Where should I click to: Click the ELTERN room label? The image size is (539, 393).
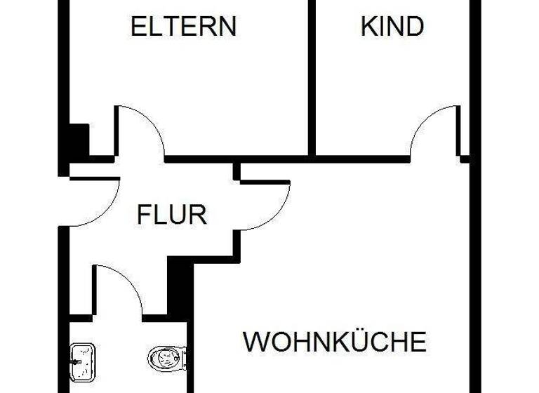(x=184, y=27)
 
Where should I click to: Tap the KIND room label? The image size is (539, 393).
(x=392, y=27)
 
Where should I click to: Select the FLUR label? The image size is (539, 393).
(x=171, y=213)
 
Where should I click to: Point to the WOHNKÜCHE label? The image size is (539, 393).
(x=334, y=342)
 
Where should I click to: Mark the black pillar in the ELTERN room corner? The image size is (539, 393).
(x=77, y=140)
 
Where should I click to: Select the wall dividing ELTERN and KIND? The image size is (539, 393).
(x=312, y=77)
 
